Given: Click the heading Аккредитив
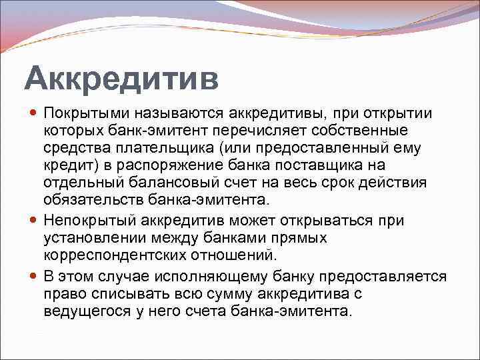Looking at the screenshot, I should coord(121,79).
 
